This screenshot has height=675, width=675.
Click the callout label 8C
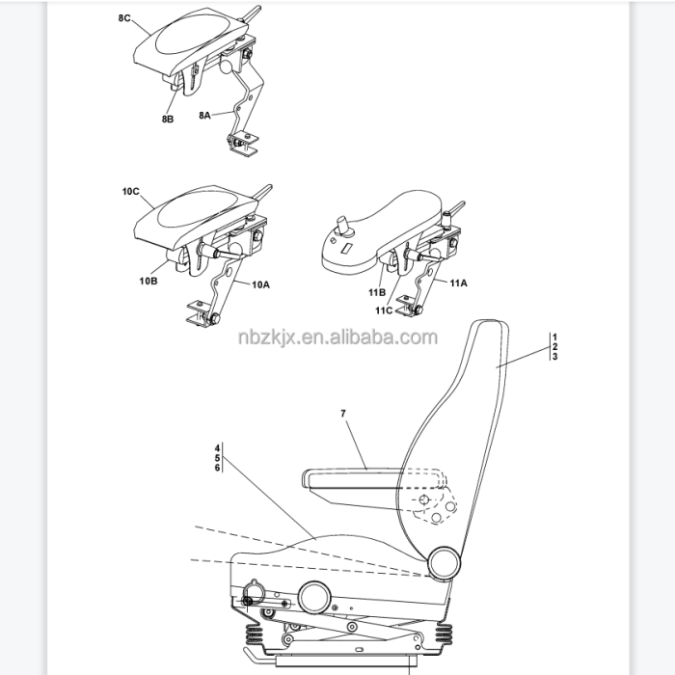(x=124, y=17)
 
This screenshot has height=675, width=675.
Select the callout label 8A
(x=206, y=115)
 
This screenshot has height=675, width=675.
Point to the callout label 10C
(x=131, y=193)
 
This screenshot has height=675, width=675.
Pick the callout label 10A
(x=260, y=285)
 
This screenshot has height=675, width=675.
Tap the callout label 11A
(x=456, y=283)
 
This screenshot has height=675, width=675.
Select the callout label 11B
(x=375, y=291)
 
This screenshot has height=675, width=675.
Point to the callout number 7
(x=343, y=413)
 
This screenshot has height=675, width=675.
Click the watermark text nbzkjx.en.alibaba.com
(x=337, y=337)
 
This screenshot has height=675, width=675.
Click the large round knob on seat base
(x=314, y=598)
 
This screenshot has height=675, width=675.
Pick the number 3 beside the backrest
(x=554, y=357)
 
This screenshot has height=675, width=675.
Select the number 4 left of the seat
(x=218, y=448)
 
